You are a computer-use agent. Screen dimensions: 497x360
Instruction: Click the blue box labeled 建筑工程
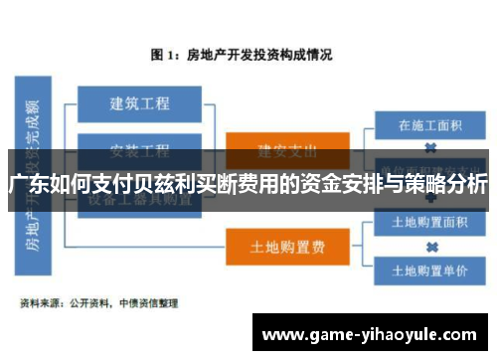point(138,103)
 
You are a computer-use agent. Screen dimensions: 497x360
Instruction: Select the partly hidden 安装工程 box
point(138,150)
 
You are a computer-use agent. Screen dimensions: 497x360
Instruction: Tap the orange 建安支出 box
point(287,150)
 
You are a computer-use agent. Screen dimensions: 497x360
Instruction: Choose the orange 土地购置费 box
point(287,246)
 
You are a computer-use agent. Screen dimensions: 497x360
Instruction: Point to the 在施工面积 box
point(431,126)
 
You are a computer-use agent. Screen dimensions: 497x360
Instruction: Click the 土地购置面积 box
point(431,222)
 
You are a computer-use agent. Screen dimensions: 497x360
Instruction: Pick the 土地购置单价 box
point(431,269)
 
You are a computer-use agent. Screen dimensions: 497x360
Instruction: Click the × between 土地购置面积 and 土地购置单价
point(431,246)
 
